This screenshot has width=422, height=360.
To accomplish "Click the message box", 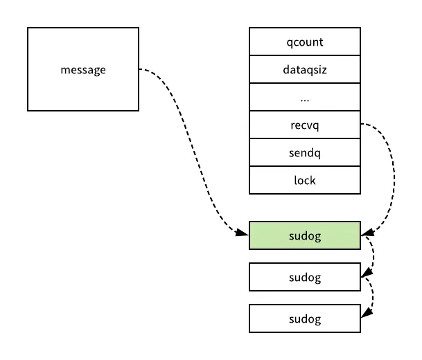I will click(83, 69).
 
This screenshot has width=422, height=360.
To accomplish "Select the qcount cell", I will click(304, 42).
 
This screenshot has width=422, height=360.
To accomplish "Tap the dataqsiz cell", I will click(304, 69).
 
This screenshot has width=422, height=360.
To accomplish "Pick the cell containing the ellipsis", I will click(304, 98).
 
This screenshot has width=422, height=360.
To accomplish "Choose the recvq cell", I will click(304, 125).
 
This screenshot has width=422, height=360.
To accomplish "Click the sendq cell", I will click(304, 153).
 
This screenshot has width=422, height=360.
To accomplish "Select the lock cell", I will click(304, 180).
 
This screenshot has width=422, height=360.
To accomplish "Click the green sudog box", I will click(304, 235).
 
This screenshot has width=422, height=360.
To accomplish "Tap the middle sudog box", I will click(304, 277).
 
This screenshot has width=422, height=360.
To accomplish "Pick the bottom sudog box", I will click(304, 318).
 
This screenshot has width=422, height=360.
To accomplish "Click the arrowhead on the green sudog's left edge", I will click(245, 235).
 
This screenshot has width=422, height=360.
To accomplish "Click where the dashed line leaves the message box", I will click(141, 69).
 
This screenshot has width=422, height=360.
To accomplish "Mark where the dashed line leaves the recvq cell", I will click(362, 125).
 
